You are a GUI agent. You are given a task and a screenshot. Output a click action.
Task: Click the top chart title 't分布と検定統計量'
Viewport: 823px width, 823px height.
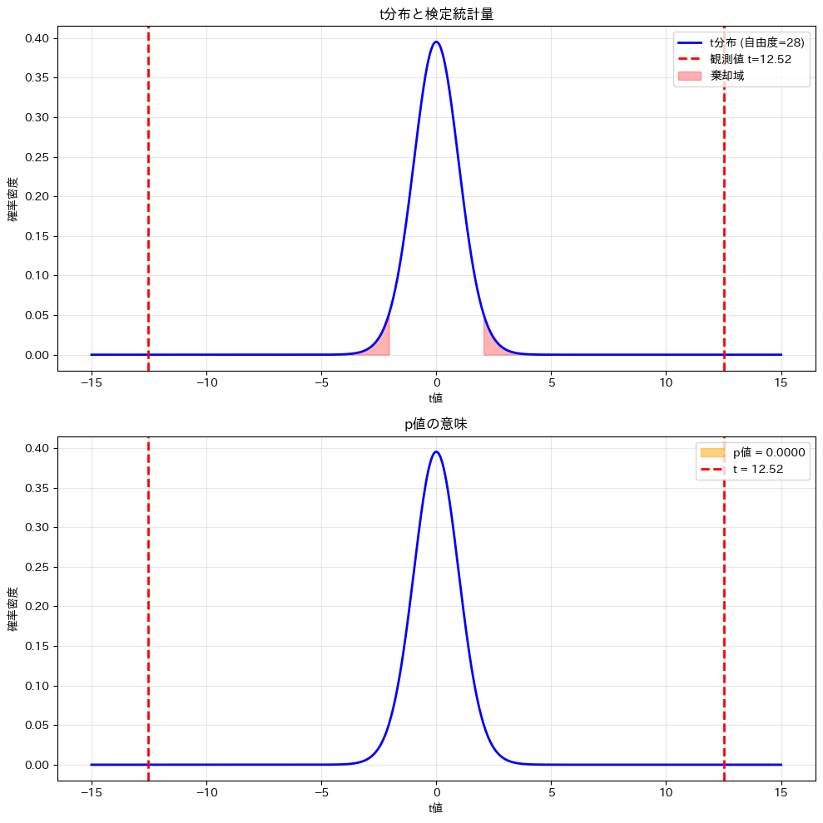click(436, 14)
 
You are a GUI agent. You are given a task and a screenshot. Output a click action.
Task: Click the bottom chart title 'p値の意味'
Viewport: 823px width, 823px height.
click(436, 424)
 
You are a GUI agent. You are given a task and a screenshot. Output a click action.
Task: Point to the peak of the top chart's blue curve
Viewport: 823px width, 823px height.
click(436, 42)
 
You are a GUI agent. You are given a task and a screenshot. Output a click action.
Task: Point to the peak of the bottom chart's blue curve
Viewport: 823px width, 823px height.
click(436, 451)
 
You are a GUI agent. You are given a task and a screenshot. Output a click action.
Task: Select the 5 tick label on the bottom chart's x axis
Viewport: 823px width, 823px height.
click(551, 793)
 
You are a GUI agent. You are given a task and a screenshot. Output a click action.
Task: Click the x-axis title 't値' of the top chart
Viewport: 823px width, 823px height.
click(436, 398)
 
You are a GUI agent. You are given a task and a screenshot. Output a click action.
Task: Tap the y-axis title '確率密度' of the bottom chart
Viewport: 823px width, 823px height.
click(13, 609)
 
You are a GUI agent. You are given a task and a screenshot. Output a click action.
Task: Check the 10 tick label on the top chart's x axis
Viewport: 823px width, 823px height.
click(666, 383)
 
